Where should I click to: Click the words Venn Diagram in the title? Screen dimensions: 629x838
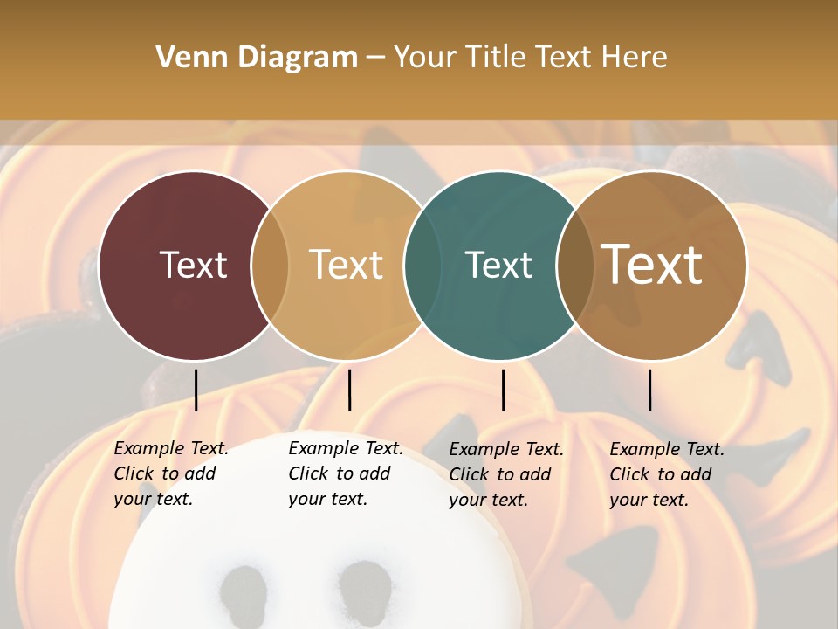pyautogui.click(x=256, y=57)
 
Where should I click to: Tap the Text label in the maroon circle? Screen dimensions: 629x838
pyautogui.click(x=193, y=265)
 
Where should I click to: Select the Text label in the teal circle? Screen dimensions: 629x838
pyautogui.click(x=498, y=265)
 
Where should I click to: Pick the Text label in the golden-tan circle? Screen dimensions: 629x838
pyautogui.click(x=347, y=265)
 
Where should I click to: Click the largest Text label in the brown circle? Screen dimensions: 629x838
pyautogui.click(x=652, y=265)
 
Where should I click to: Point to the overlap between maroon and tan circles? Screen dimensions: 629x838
pyautogui.click(x=270, y=266)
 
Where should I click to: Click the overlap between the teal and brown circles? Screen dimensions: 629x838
pyautogui.click(x=575, y=266)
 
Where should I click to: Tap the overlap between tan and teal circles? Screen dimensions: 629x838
pyautogui.click(x=422, y=266)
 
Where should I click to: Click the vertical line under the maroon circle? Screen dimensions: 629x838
pyautogui.click(x=196, y=390)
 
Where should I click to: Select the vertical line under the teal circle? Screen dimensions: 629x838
pyautogui.click(x=503, y=390)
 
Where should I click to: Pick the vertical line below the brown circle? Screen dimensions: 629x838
pyautogui.click(x=649, y=390)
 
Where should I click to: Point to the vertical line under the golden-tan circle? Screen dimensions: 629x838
pyautogui.click(x=349, y=390)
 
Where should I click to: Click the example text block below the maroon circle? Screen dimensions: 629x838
pyautogui.click(x=171, y=473)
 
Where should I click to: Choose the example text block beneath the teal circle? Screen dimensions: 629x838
pyautogui.click(x=506, y=474)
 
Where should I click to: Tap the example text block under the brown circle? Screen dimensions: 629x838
pyautogui.click(x=667, y=474)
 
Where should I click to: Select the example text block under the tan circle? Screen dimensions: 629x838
pyautogui.click(x=346, y=473)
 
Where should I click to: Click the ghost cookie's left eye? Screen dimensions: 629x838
pyautogui.click(x=245, y=593)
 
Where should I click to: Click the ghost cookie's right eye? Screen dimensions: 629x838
pyautogui.click(x=364, y=588)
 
